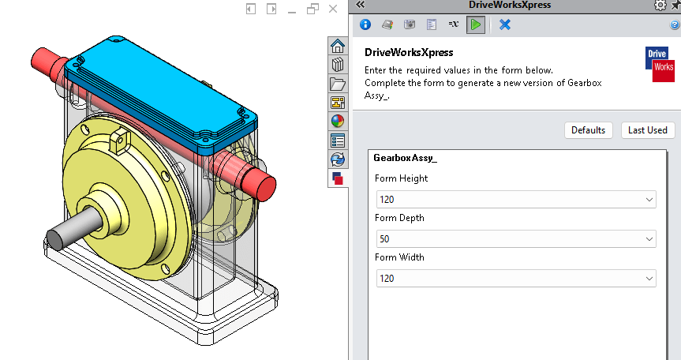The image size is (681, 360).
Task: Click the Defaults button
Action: (x=588, y=130)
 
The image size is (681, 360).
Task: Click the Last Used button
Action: (x=648, y=130)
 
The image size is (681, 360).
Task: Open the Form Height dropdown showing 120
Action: (x=516, y=199)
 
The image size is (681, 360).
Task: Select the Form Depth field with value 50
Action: (x=516, y=238)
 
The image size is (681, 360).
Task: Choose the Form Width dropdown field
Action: (x=516, y=278)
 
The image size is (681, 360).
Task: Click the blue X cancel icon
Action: (x=505, y=24)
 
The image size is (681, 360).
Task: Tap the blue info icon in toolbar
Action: (x=365, y=24)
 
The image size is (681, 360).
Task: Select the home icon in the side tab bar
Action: (x=338, y=46)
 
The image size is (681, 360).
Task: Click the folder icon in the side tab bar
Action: (x=338, y=84)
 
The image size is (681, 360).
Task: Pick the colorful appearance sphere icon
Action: (x=338, y=122)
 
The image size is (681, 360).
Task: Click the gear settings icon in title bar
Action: (x=660, y=6)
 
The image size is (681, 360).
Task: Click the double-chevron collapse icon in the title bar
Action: (x=361, y=5)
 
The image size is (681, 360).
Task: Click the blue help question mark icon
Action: (x=675, y=25)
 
